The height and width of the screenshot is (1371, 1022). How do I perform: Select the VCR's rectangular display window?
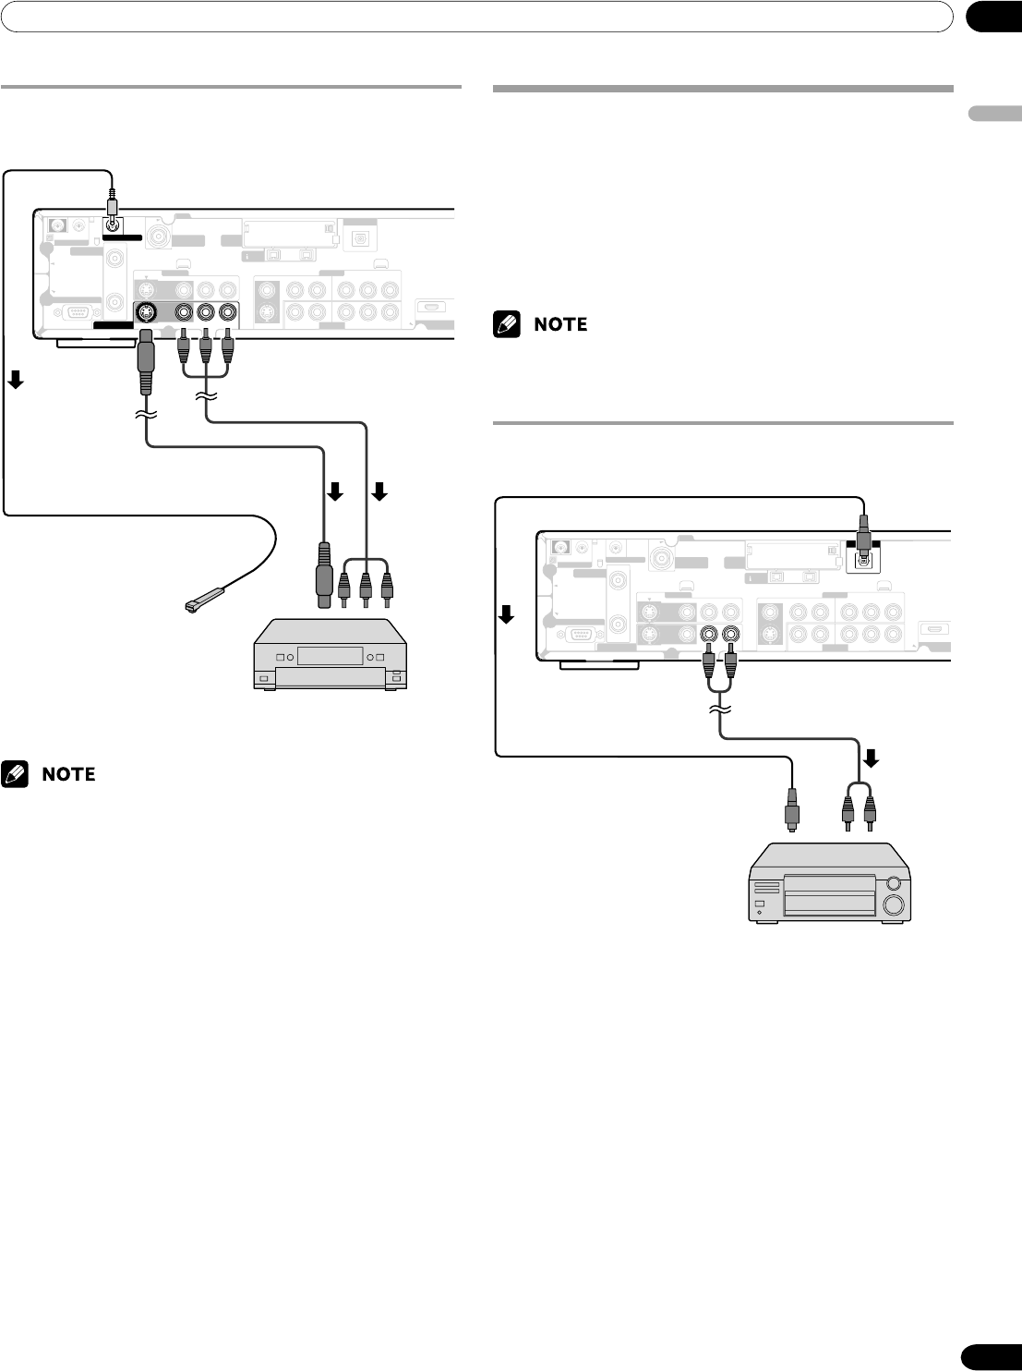coord(328,656)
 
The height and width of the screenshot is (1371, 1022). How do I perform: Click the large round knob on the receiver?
coord(893,904)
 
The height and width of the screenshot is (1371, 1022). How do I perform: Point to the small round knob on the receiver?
coord(892,878)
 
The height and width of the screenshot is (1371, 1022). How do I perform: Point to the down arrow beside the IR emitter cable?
coord(16,379)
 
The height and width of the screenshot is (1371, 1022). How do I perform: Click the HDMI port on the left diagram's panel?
coord(431,308)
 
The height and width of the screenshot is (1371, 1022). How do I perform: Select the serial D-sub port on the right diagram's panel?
coord(582,635)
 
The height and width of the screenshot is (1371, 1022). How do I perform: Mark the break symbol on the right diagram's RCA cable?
coord(721,709)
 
